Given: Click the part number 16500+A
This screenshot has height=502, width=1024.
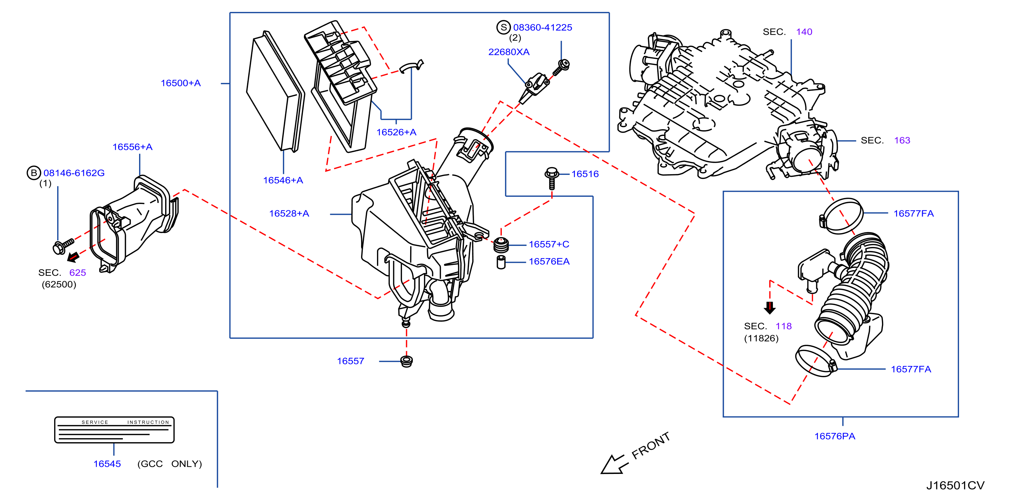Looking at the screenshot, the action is (180, 83).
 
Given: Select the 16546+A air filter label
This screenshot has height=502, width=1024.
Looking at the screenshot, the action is (283, 180).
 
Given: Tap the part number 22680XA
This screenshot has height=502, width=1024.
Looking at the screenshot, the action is (509, 52).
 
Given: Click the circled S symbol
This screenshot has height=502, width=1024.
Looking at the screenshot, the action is (504, 27).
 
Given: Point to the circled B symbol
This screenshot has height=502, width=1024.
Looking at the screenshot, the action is (34, 173).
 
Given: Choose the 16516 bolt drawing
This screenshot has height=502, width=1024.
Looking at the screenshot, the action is (552, 178).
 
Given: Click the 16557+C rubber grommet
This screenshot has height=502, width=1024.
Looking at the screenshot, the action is (501, 245).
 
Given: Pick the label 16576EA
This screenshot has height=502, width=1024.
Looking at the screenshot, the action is (549, 261).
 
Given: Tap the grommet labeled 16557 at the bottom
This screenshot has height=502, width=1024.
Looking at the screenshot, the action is (406, 362).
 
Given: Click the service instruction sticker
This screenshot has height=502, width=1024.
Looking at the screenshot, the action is (114, 430).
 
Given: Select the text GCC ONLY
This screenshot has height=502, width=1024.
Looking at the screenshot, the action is (170, 464).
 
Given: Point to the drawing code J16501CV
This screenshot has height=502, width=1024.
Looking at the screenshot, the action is (955, 485).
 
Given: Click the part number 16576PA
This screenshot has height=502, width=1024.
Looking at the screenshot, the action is (835, 436).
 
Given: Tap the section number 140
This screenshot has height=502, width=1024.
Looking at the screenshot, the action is (804, 32).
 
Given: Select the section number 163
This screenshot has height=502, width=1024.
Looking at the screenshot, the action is (902, 140).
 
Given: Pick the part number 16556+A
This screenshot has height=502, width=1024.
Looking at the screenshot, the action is (132, 147).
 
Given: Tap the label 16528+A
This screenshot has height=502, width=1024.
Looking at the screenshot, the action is (289, 213).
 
